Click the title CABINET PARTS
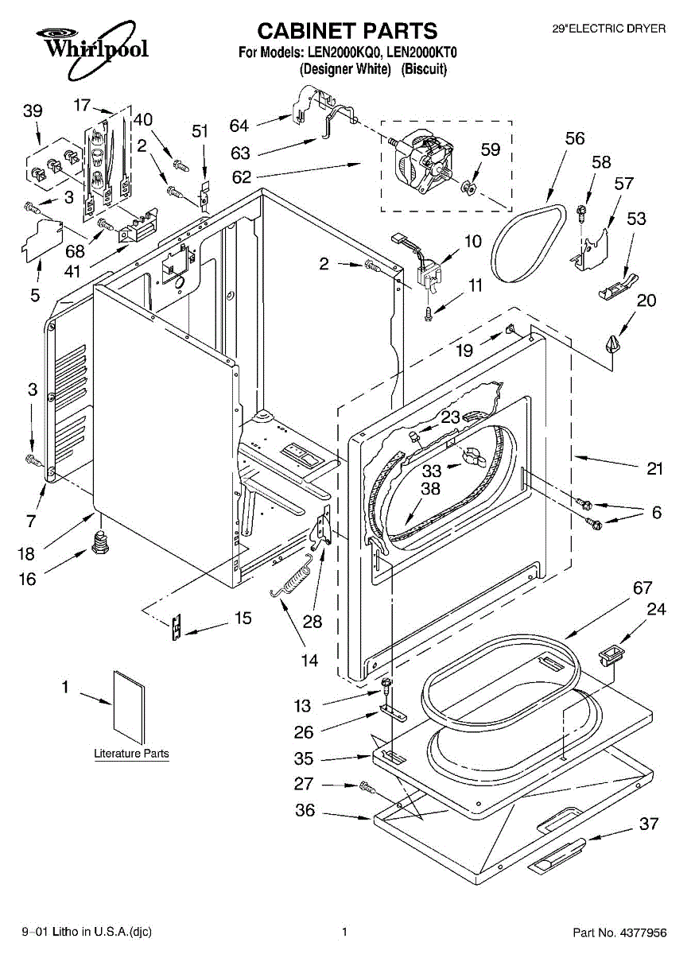click(x=347, y=31)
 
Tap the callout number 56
click(x=574, y=139)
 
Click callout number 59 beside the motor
click(x=491, y=149)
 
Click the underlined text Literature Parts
click(x=131, y=754)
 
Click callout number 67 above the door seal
click(x=642, y=588)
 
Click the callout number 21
click(x=654, y=469)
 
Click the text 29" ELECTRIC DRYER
click(x=609, y=29)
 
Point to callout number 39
click(x=33, y=111)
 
